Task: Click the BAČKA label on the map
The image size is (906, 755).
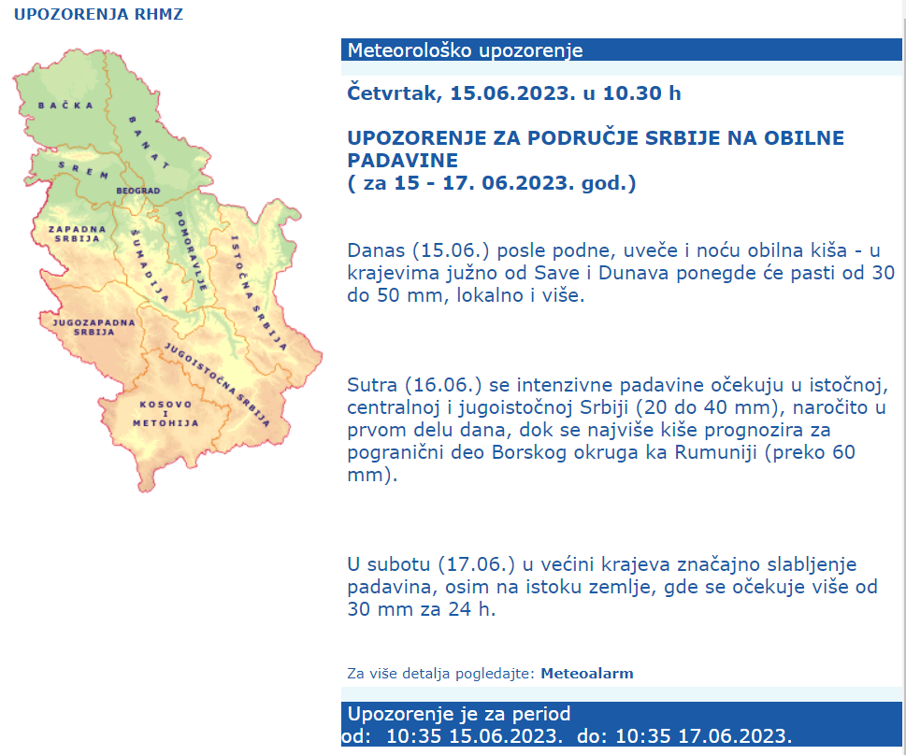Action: click(x=65, y=105)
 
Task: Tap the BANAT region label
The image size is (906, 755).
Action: click(x=149, y=143)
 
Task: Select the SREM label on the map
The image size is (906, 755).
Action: click(x=78, y=165)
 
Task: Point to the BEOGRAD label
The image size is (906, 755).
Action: click(x=138, y=191)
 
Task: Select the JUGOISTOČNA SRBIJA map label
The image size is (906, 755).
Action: click(x=217, y=384)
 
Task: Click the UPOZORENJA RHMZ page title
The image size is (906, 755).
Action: click(x=98, y=14)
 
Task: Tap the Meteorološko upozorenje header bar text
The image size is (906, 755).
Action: click(x=465, y=50)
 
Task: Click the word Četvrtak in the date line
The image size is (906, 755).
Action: click(x=390, y=93)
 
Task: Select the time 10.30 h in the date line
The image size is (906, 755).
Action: click(x=642, y=93)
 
